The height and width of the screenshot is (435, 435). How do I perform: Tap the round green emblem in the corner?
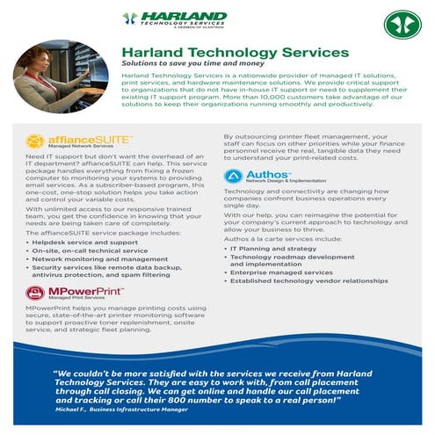402,24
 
